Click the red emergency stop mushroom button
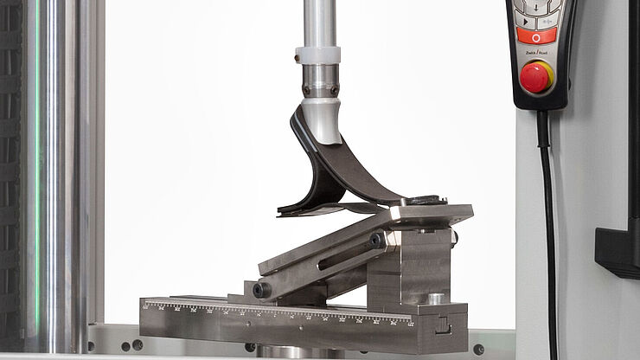coord(535,77)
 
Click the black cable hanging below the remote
coord(547,216)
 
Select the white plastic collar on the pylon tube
coord(317,55)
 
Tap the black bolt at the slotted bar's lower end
coord(260,289)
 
